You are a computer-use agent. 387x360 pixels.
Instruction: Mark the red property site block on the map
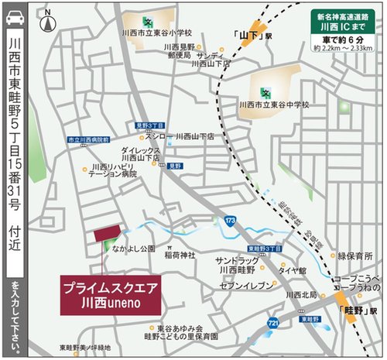tap(108, 234)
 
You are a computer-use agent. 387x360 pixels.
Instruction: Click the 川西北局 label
tap(301, 295)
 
